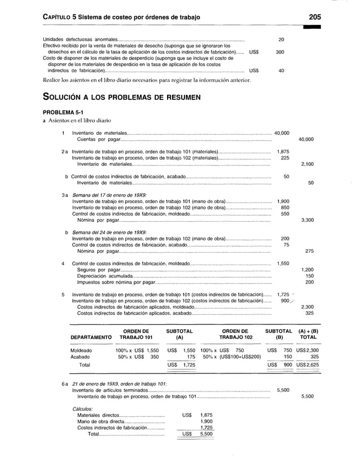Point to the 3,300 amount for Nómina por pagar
[x=308, y=220]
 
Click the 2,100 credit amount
[x=308, y=164]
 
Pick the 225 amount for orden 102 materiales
[x=285, y=158]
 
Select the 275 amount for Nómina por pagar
[x=309, y=251]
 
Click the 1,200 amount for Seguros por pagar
[x=308, y=270]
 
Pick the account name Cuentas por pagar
[x=98, y=139]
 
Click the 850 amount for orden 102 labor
[x=285, y=208]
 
